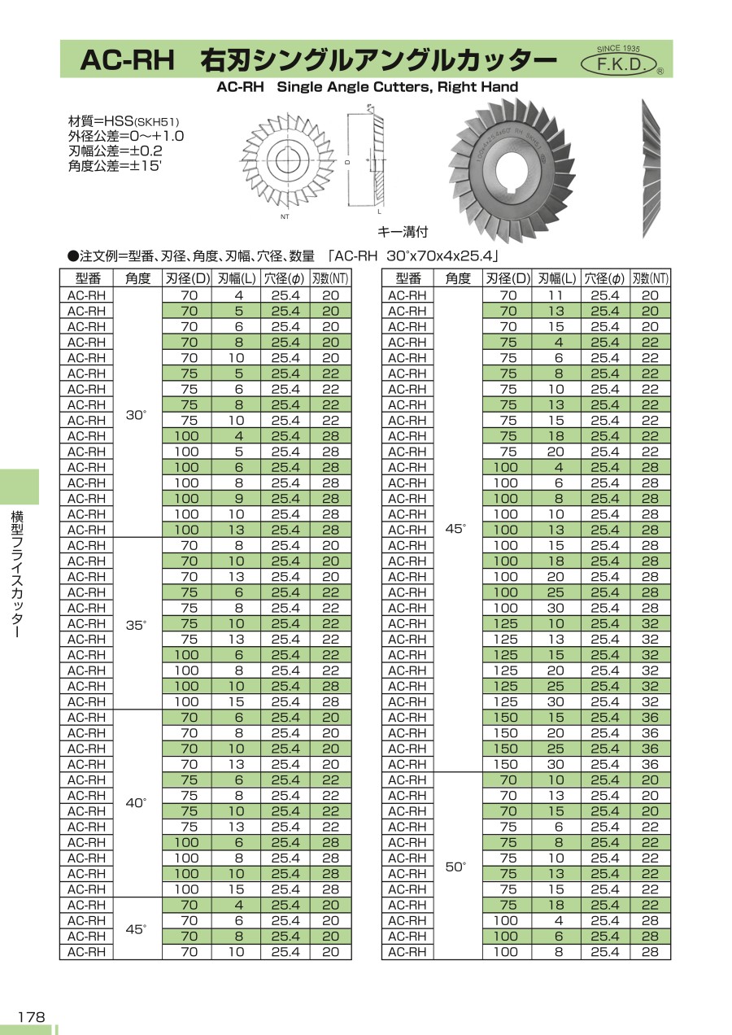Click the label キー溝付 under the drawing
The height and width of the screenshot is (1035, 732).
[x=403, y=232]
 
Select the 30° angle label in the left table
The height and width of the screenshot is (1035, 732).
[x=137, y=415]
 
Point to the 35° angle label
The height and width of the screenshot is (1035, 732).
[x=137, y=625]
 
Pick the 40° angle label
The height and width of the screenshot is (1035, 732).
[x=137, y=802]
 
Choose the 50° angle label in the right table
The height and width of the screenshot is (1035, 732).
[x=457, y=867]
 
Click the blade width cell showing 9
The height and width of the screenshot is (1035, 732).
[x=239, y=499]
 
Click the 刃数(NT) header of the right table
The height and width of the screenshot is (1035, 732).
[x=651, y=279]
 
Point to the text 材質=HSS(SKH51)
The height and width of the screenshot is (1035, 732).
[x=123, y=120]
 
